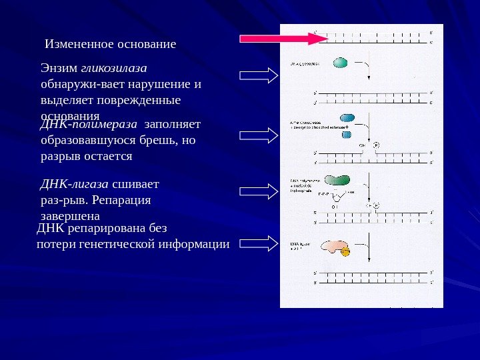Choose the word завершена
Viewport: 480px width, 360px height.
click(x=70, y=217)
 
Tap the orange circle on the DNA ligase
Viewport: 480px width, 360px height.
click(x=345, y=251)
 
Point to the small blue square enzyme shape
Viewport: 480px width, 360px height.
click(x=347, y=135)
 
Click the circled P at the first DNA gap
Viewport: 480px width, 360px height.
click(x=376, y=144)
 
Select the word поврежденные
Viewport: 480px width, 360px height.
click(x=145, y=100)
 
